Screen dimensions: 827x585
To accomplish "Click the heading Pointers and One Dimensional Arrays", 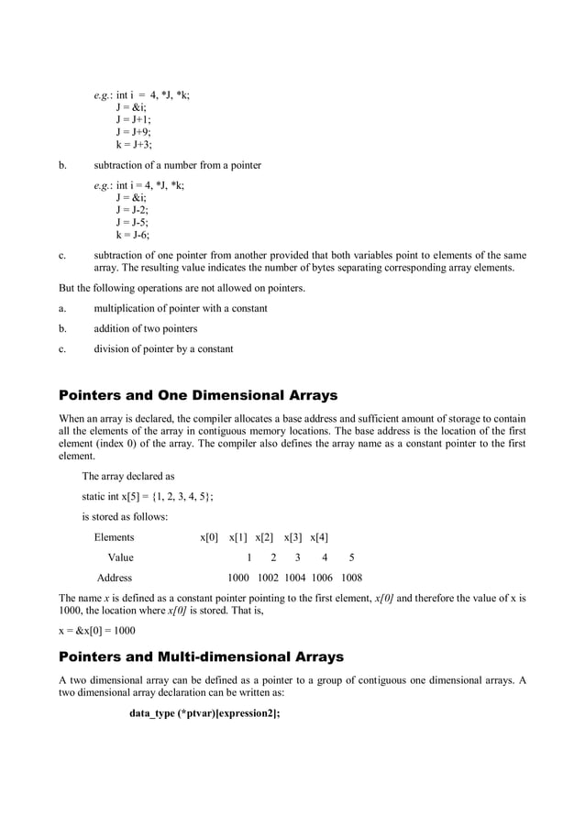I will point(198,396).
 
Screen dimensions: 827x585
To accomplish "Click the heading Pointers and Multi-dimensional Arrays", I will point(201,656).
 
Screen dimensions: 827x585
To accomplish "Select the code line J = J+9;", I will point(134,131).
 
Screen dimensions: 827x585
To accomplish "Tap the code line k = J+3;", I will point(134,144).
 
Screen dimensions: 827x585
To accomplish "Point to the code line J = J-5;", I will point(132,222).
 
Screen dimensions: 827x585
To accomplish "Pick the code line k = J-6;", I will point(132,235).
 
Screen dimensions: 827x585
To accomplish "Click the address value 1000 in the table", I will point(238,578).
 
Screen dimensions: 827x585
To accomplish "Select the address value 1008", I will point(351,578).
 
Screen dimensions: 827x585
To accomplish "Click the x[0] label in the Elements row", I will point(209,537).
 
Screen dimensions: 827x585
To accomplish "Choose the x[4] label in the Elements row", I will point(319,537).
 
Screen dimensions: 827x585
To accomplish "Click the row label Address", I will point(115,578).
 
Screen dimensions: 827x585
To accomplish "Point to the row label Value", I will point(120,557).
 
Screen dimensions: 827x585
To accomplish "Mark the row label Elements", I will point(114,537).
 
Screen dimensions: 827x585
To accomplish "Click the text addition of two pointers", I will point(146,328).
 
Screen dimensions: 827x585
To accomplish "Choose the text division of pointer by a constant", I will point(163,348).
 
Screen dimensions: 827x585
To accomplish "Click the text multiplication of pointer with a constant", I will point(181,308).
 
